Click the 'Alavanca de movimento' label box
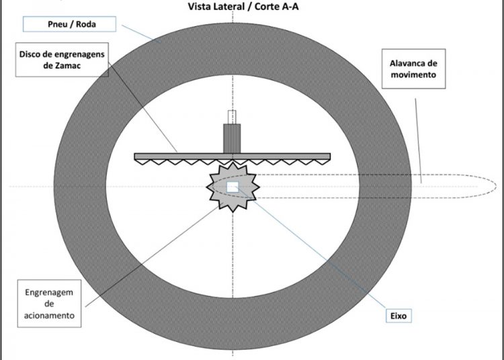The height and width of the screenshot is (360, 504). [x=413, y=68]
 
